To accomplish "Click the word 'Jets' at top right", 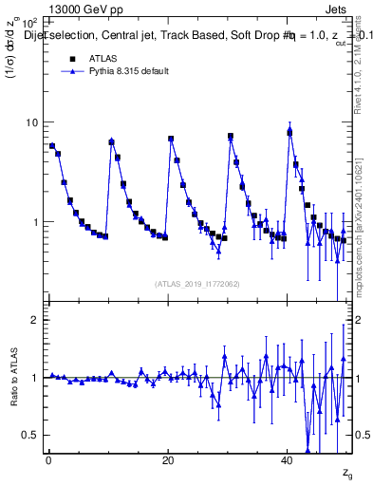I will [x=338, y=8].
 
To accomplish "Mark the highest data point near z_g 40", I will [x=289, y=132].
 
